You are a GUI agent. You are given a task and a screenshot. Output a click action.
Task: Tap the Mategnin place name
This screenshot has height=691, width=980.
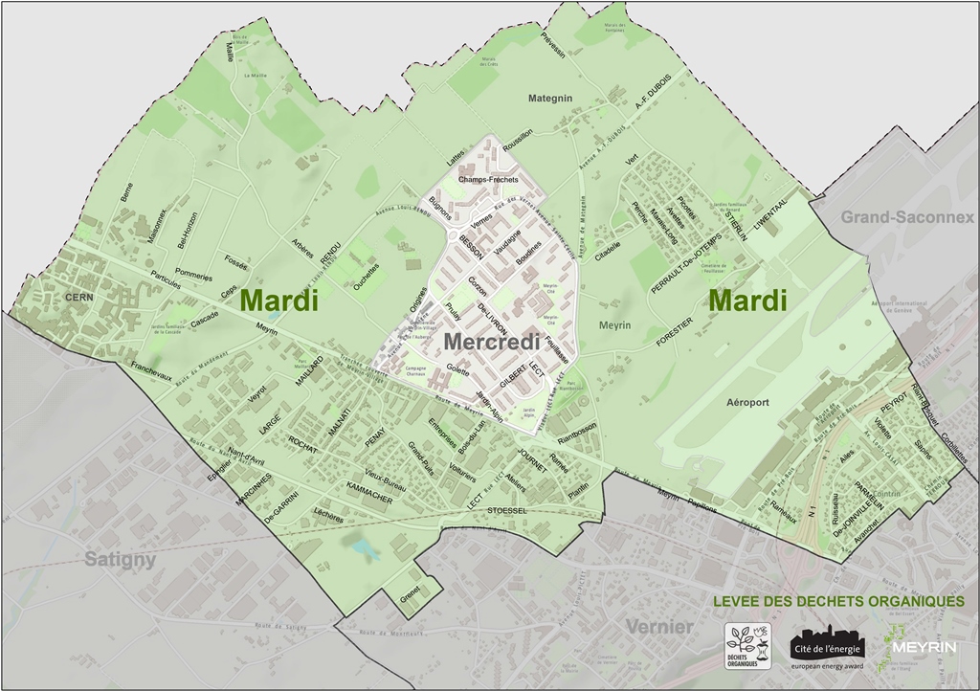click(x=550, y=98)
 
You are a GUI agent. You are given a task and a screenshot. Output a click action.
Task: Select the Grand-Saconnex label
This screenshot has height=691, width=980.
click(x=907, y=217)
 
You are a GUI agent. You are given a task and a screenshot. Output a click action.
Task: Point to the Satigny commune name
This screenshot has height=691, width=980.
click(x=120, y=559)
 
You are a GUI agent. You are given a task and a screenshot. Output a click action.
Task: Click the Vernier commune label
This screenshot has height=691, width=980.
click(x=659, y=627)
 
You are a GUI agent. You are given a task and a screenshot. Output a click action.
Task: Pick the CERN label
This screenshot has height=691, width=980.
click(x=78, y=298)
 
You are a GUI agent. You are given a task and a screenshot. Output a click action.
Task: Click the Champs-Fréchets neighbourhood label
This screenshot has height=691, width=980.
click(x=487, y=180)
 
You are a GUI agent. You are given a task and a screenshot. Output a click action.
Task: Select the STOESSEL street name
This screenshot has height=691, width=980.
click(x=506, y=511)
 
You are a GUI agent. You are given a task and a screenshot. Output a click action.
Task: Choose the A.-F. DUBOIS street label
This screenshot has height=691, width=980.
click(x=655, y=103)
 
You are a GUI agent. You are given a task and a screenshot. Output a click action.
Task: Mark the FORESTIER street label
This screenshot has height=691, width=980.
click(x=674, y=332)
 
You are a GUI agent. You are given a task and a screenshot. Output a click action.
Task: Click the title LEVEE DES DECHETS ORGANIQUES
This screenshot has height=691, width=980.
click(x=838, y=601)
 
